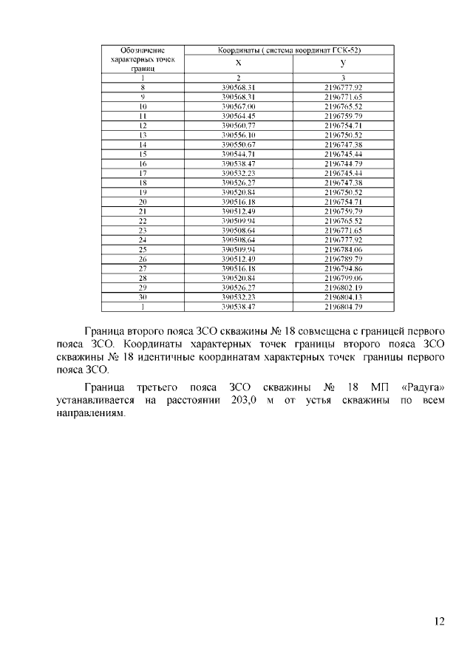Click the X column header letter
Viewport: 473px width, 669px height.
point(238,64)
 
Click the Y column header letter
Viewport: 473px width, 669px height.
point(344,64)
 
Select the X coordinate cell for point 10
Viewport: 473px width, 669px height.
point(238,106)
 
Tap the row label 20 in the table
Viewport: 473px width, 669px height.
point(142,201)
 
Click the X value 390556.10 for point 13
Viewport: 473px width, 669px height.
point(238,135)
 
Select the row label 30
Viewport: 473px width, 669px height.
point(142,296)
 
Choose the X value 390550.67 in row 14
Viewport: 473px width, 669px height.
point(238,144)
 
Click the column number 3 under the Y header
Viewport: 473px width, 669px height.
point(344,78)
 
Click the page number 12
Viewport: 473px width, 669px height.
point(439,622)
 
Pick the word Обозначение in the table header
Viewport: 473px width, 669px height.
point(142,50)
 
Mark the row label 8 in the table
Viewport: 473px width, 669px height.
point(142,87)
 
